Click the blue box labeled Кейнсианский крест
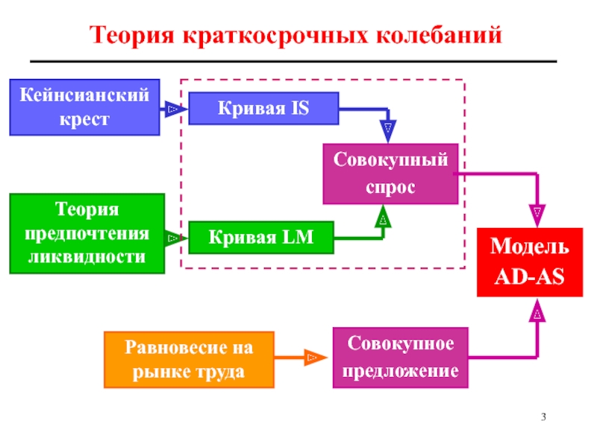coord(84,107)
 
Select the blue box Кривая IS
coord(263,109)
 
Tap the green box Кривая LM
coord(260,238)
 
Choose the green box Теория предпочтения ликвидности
coord(87,233)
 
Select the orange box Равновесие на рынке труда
coord(189,358)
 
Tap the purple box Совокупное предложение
coord(400,358)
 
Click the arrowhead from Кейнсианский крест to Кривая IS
coord(172,109)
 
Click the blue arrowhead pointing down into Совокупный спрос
coord(388,132)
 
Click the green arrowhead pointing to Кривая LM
coord(173,238)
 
